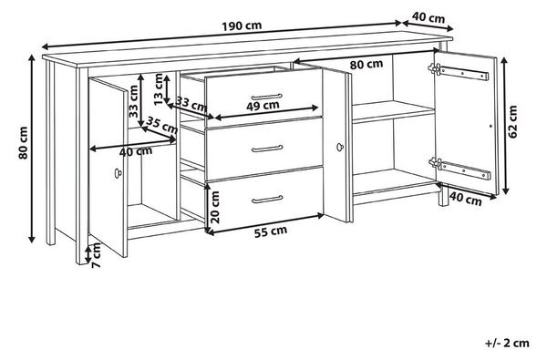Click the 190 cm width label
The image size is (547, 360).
coord(242,26)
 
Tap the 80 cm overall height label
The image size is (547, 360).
coord(23,143)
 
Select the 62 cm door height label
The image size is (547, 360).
coord(512,122)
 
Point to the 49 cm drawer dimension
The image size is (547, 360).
coord(263,106)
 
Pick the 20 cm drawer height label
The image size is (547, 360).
coord(215,207)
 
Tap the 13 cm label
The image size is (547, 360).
coord(159,89)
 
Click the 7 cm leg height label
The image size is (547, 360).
coord(96,255)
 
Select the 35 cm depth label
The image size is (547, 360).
coord(161,125)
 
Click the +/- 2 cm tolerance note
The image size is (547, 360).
coord(507,343)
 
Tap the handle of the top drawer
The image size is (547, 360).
coord(266,97)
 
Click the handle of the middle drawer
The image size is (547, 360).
coord(267,149)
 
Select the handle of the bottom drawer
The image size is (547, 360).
coord(267,200)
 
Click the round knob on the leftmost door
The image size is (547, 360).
coord(119,173)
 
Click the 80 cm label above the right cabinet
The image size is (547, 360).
coord(366,65)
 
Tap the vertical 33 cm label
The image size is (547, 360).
coord(134,101)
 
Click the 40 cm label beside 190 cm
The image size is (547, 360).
coord(428,17)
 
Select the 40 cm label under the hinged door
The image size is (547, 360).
coord(465,199)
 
